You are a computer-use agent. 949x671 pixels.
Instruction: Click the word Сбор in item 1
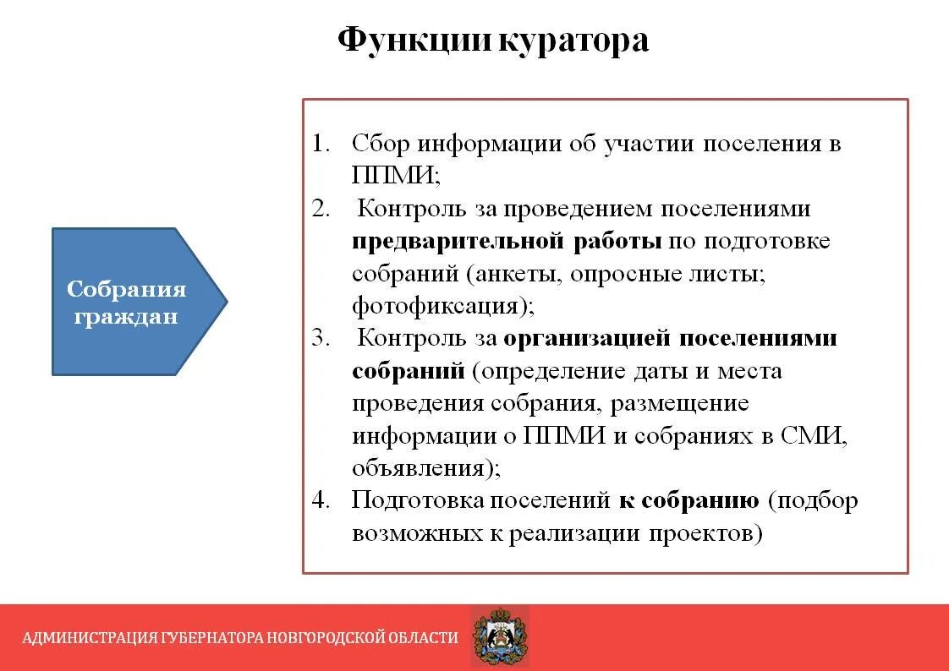pos(381,143)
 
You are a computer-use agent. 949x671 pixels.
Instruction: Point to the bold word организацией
pos(588,339)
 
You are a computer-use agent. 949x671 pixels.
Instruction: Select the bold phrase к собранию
pos(688,500)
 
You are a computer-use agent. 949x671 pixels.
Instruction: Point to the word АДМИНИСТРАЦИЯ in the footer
pos(89,638)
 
